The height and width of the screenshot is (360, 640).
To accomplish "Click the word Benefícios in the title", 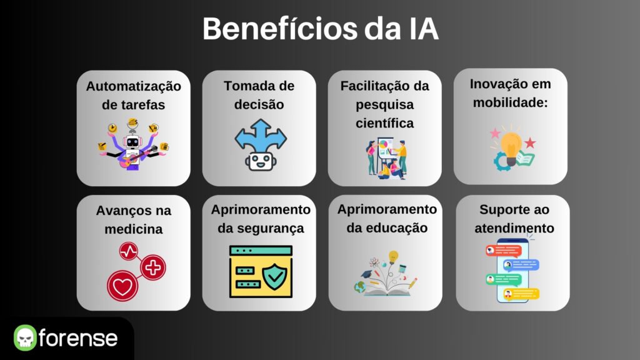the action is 280,29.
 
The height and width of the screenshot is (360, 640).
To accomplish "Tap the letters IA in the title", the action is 422,29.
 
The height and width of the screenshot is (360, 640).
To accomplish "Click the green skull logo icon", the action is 25,337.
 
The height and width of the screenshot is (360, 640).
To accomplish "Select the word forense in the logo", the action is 78,338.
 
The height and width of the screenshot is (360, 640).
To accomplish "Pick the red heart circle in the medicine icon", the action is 122,286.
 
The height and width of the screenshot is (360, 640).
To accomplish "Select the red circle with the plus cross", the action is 153,267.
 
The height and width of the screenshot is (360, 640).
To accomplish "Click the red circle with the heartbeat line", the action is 129,251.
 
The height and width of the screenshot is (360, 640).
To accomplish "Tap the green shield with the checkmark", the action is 275,276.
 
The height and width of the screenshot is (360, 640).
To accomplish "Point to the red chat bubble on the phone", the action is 503,250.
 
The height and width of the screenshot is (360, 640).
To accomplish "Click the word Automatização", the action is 134,86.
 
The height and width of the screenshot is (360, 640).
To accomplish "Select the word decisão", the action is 259,104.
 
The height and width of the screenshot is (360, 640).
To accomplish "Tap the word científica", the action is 384,123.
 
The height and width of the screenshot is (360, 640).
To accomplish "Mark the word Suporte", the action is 499,210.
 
